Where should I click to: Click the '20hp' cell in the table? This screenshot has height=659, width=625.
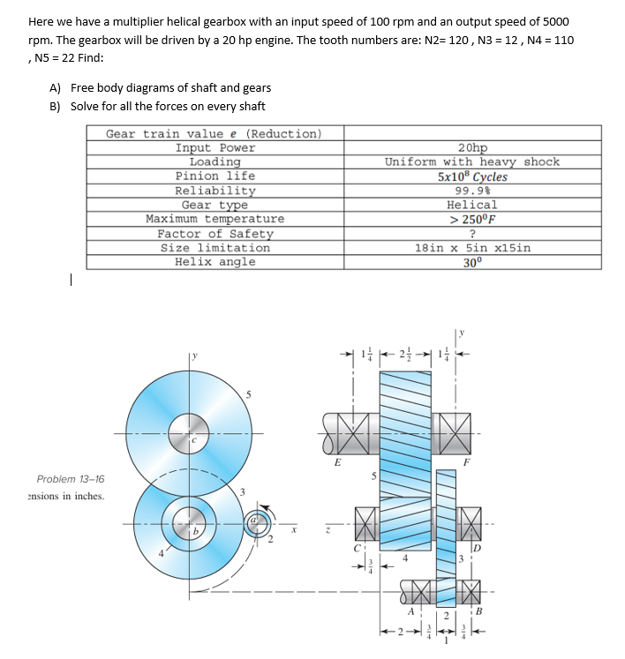click(x=472, y=148)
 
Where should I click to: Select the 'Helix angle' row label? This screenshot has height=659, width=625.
click(x=215, y=262)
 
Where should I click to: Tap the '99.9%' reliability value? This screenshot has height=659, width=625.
click(x=472, y=191)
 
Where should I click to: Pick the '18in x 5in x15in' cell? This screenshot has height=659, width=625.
click(x=472, y=248)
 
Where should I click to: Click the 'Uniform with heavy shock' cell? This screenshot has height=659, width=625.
click(x=472, y=161)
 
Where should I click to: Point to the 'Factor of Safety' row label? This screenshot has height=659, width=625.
click(x=215, y=234)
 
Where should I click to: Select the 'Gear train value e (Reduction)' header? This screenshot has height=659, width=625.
click(x=214, y=134)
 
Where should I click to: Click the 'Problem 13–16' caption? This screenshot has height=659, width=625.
click(x=71, y=479)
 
